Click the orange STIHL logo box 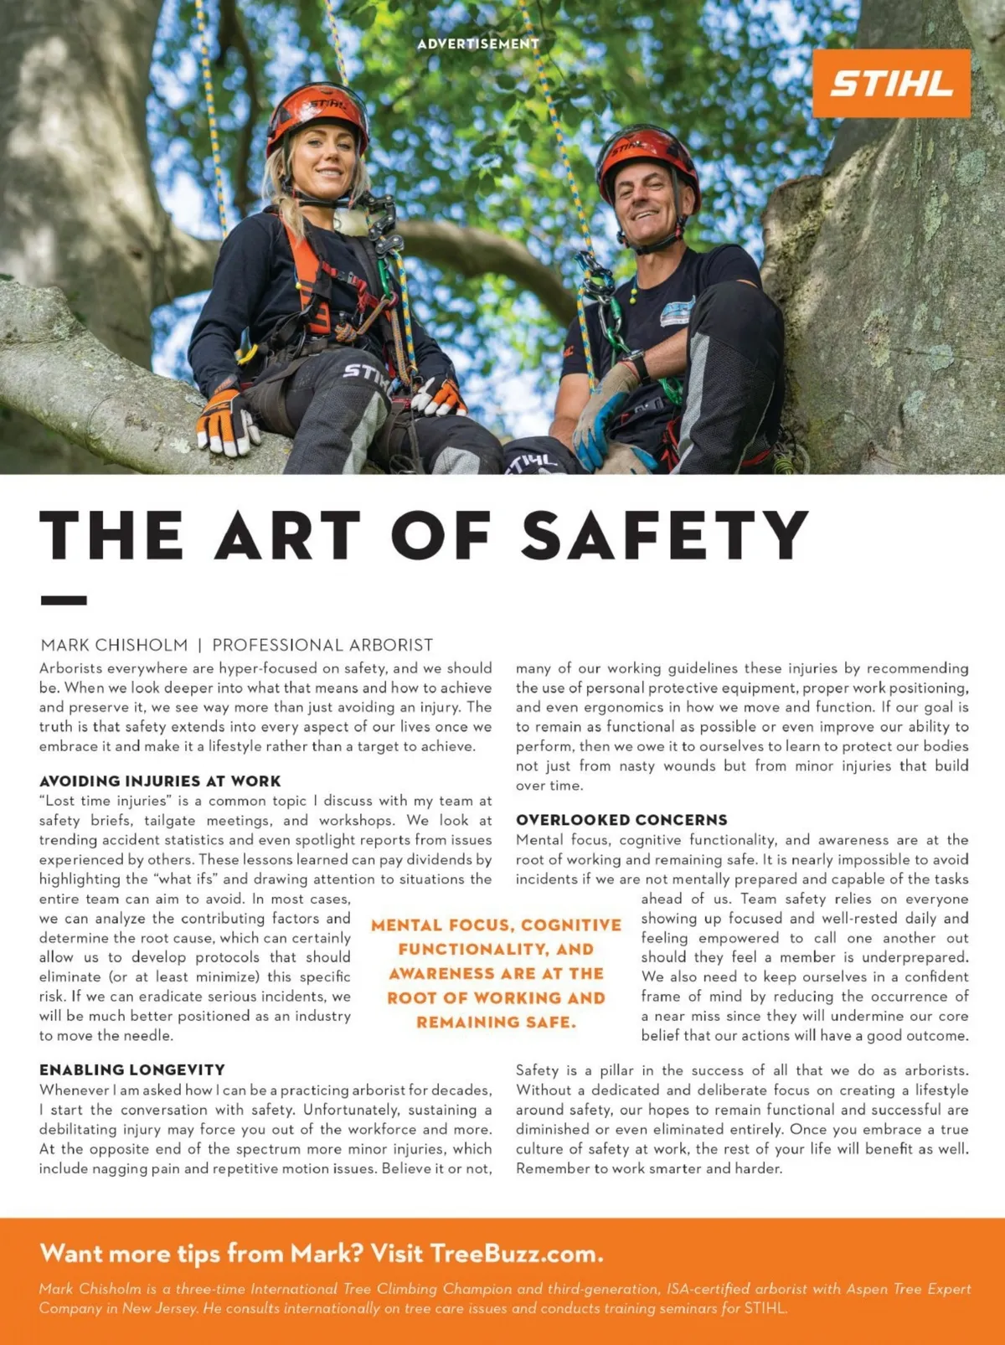[x=891, y=83]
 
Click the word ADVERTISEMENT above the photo [x=478, y=44]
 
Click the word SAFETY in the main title [x=665, y=535]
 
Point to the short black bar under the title [x=64, y=600]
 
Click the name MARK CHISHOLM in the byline [x=114, y=645]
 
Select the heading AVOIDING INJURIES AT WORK [x=160, y=781]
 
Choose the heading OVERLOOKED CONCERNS [x=621, y=820]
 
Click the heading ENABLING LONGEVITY [x=132, y=1069]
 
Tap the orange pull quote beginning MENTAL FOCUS [x=496, y=973]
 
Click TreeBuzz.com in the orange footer [x=516, y=1254]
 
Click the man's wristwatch [x=636, y=365]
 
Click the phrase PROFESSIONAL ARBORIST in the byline [x=322, y=645]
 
